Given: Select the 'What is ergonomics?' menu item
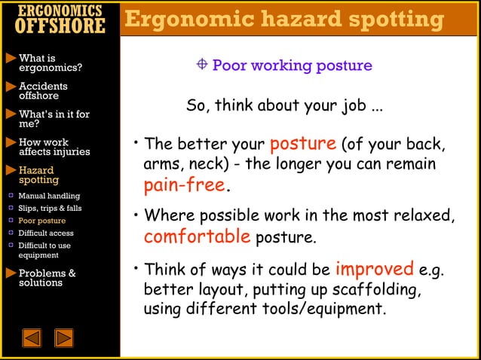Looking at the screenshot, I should pyautogui.click(x=50, y=63).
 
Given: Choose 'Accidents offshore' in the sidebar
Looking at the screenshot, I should pyautogui.click(x=43, y=91).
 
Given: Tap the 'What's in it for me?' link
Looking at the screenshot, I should pyautogui.click(x=54, y=119).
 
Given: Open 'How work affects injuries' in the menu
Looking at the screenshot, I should pyautogui.click(x=54, y=147).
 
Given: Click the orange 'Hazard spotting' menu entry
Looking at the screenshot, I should pyautogui.click(x=38, y=175).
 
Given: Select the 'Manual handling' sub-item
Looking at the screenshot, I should pyautogui.click(x=48, y=196).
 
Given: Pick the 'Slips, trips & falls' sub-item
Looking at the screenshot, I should pyautogui.click(x=50, y=208).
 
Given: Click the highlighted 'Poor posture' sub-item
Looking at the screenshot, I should pyautogui.click(x=41, y=221).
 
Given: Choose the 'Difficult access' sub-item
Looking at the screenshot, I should pyautogui.click(x=46, y=233).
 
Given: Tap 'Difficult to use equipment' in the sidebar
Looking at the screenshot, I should pyautogui.click(x=44, y=250).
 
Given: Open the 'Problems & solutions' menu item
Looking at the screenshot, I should pyautogui.click(x=47, y=278).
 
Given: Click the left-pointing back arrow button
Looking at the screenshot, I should pyautogui.click(x=32, y=338).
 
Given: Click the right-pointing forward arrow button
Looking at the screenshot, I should pyautogui.click(x=64, y=338).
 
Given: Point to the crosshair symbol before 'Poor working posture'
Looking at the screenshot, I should pyautogui.click(x=202, y=65).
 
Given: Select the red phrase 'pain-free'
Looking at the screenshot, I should pyautogui.click(x=185, y=185).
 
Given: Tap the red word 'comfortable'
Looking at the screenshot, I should pyautogui.click(x=197, y=237).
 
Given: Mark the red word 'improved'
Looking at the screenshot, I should pyautogui.click(x=374, y=269).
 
